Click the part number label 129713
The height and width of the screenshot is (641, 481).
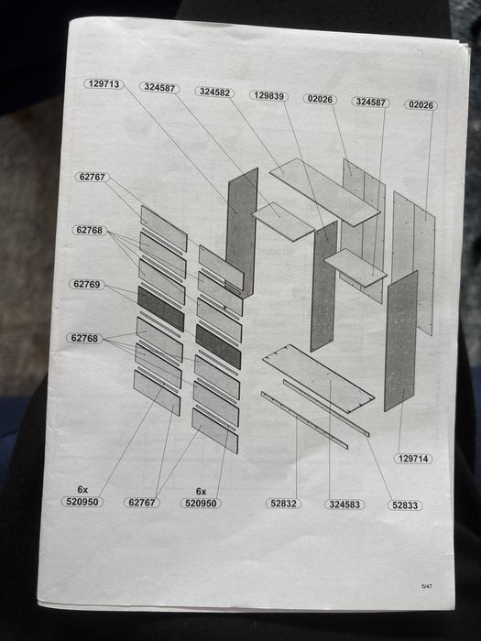pos(104,84)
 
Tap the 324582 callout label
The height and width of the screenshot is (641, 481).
pos(214,92)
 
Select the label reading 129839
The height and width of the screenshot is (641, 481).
pos(268,95)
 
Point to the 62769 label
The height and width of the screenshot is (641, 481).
pos(87,284)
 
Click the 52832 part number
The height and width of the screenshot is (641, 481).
pos(283,504)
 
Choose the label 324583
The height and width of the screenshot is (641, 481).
pos(344,505)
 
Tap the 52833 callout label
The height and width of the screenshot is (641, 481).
pos(405,505)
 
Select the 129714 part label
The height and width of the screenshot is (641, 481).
pos(413,459)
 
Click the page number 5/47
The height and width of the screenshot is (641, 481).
pos(427,586)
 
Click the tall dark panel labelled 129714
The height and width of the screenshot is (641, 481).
pos(401,341)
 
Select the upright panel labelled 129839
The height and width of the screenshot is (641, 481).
pos(324,286)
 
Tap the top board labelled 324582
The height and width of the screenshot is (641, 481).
pos(324,191)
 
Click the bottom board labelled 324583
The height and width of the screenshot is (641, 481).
pos(318,378)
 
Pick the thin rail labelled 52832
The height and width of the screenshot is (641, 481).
pos(304,420)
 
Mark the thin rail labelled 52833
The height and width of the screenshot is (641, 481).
pos(326,408)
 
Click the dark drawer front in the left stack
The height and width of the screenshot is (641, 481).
pos(160,309)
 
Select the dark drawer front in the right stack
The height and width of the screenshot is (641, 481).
pos(218,347)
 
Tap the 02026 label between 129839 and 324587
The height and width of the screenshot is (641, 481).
pos(320,99)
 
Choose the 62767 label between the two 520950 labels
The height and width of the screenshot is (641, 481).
pos(142,503)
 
